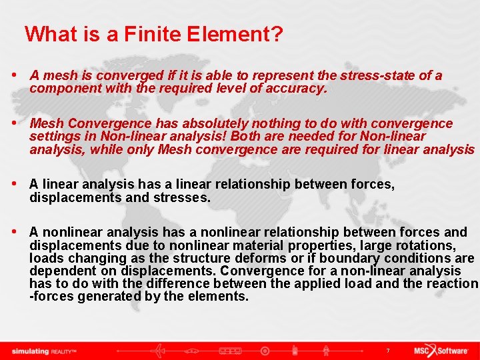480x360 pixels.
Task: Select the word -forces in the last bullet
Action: coord(51,296)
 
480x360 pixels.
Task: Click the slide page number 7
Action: coord(387,350)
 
